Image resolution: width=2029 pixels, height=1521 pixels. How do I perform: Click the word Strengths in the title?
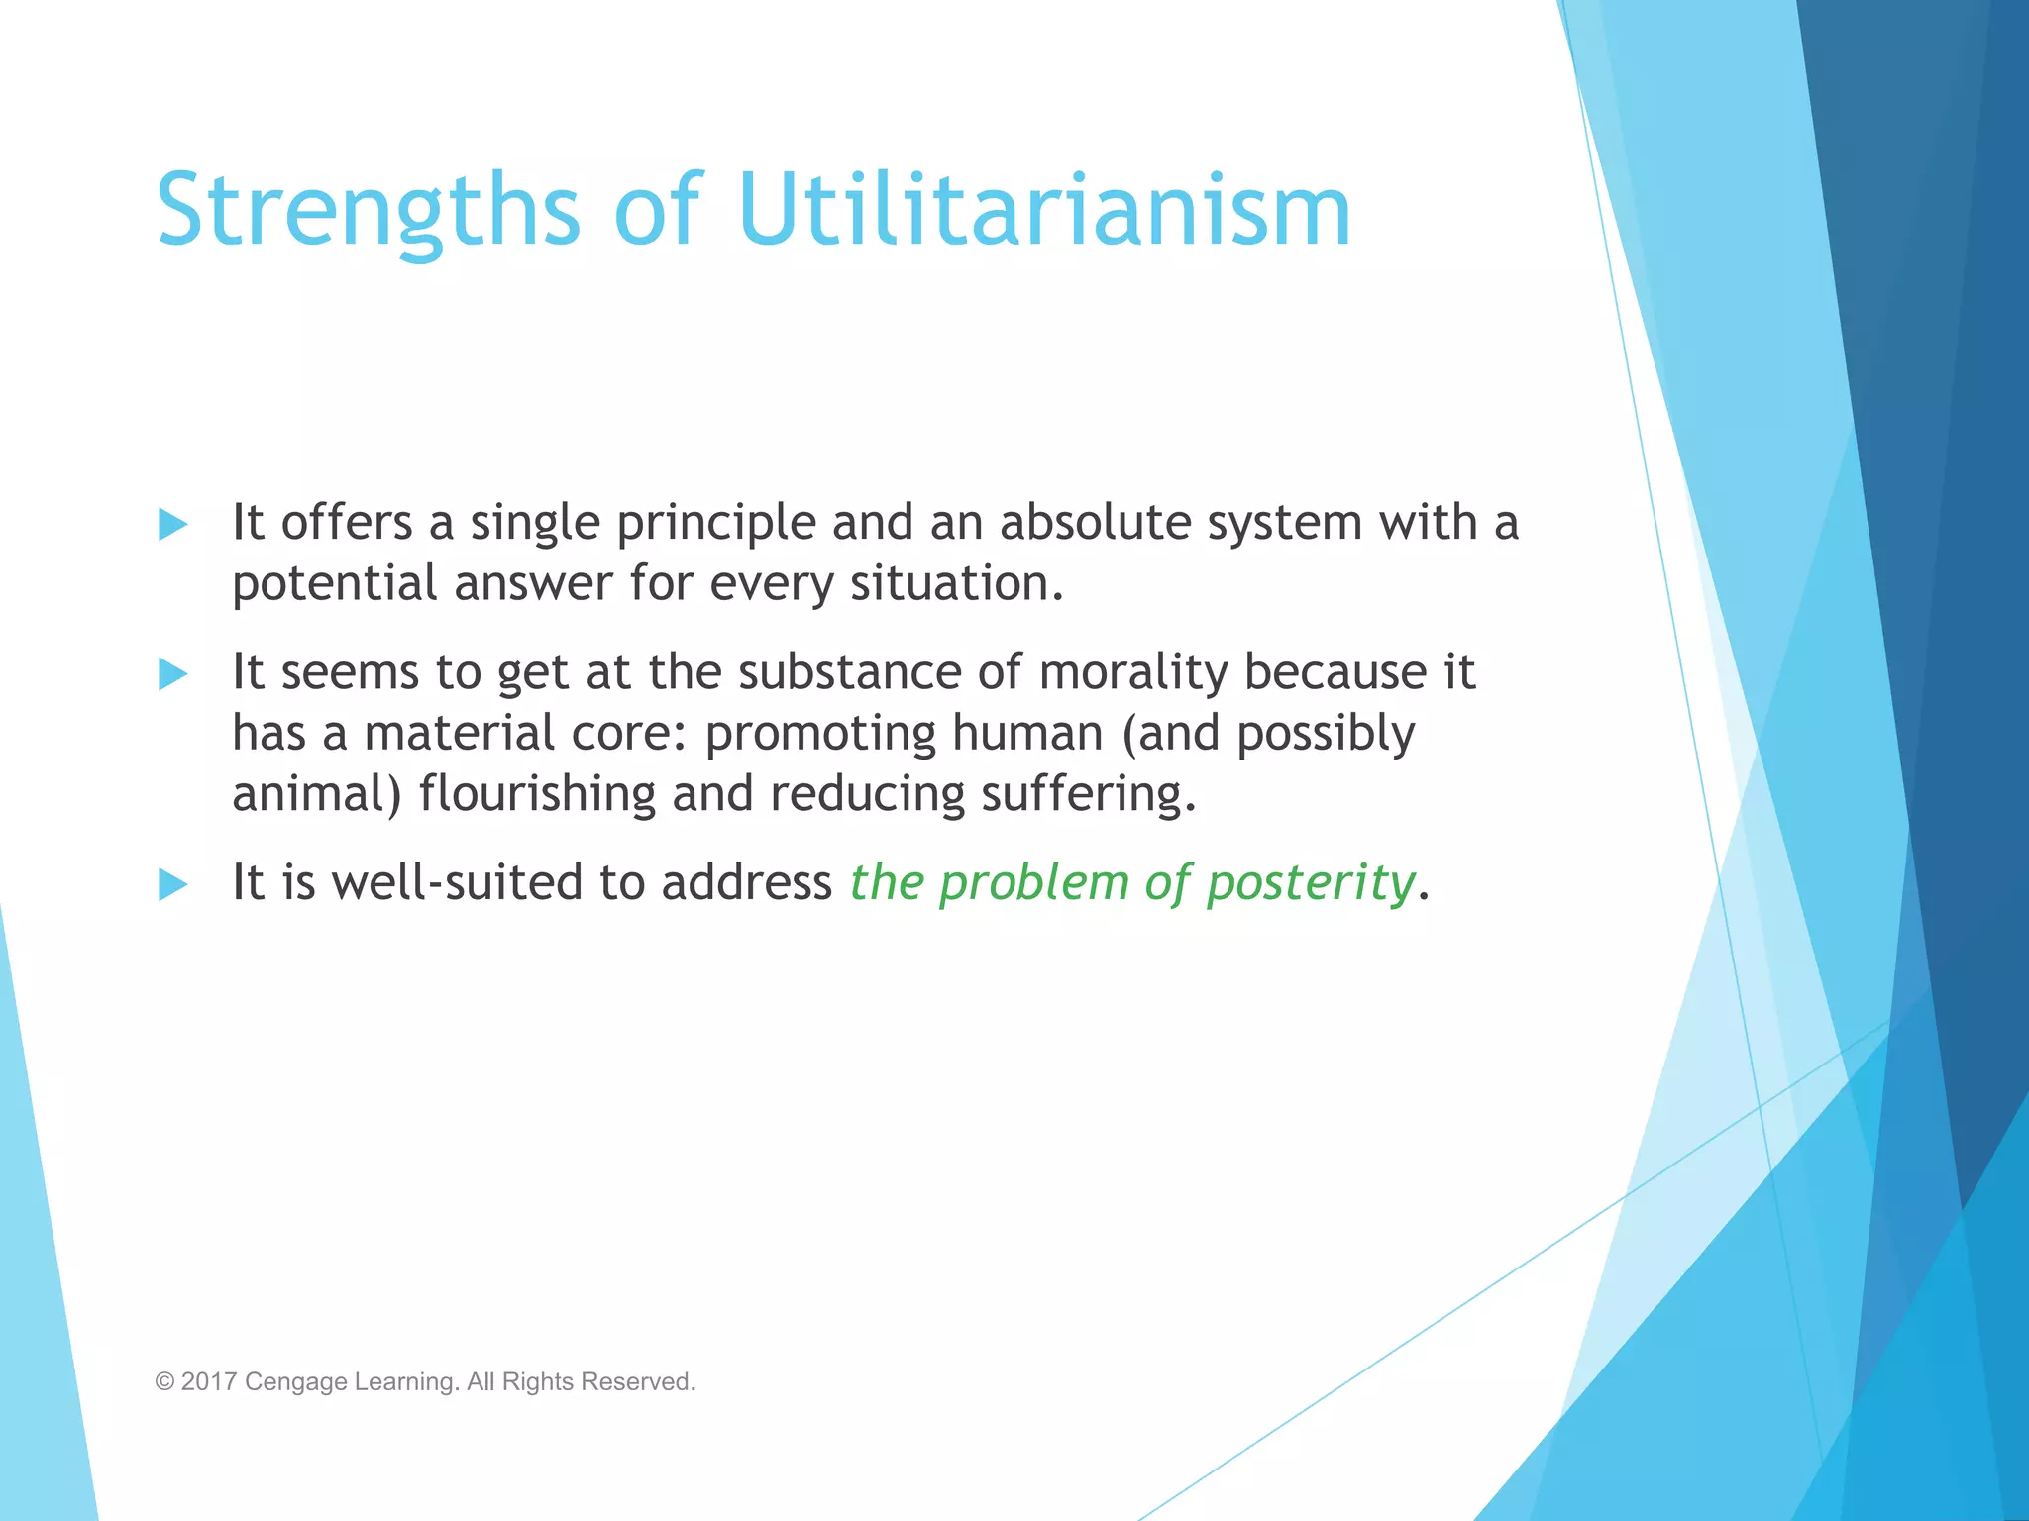[x=368, y=211]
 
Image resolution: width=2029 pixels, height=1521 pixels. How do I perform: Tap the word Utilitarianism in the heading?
[x=1044, y=211]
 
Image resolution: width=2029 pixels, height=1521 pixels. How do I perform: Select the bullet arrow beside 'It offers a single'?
[x=173, y=524]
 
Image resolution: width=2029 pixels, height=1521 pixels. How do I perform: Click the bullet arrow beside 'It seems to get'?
[x=173, y=674]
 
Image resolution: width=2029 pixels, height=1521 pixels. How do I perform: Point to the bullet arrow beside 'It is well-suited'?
[x=173, y=884]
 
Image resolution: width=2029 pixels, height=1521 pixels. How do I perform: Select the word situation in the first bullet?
[x=956, y=583]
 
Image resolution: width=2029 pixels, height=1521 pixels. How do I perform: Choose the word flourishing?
[x=536, y=794]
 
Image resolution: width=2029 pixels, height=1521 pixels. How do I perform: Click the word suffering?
[x=1088, y=795]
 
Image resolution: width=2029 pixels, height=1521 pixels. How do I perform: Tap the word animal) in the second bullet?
[x=316, y=795]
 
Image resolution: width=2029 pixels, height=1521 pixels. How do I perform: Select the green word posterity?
[x=1310, y=883]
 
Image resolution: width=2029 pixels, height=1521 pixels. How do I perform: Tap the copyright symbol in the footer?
[x=164, y=1382]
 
